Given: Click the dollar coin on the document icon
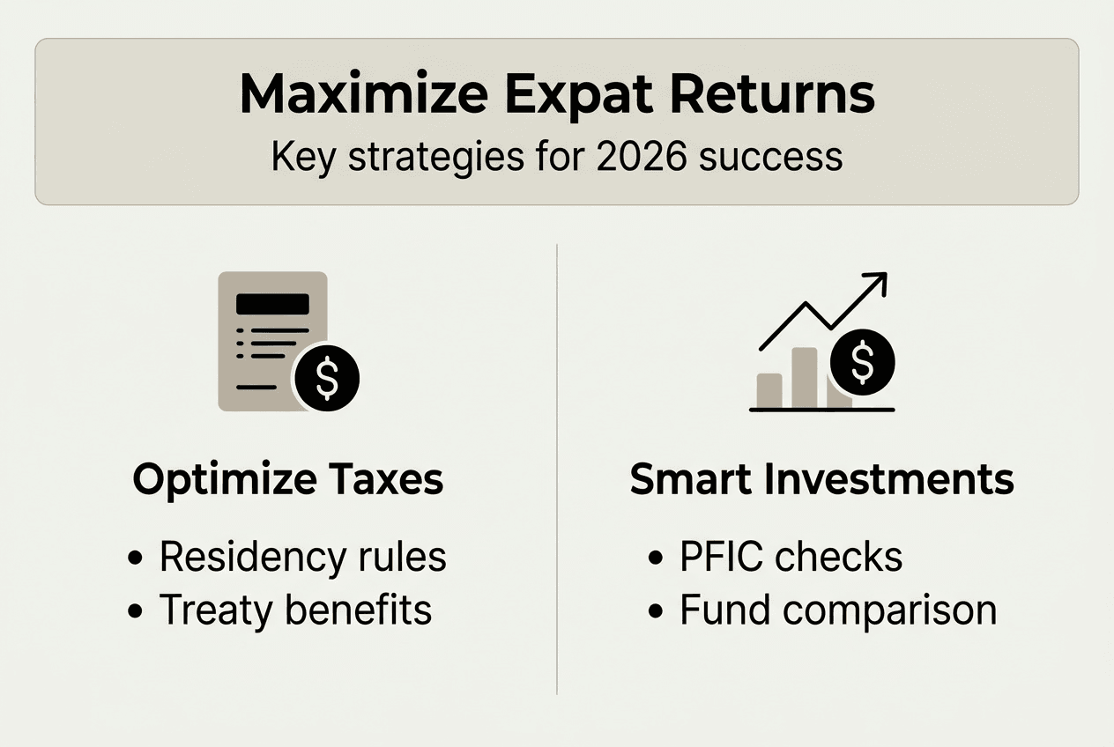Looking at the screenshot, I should coord(326,377).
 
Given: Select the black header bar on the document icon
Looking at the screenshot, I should coord(272,304).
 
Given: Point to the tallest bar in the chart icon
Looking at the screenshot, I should coord(804,378).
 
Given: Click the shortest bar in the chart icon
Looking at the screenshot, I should coord(769,390).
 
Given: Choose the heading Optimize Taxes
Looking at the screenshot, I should coord(287,479).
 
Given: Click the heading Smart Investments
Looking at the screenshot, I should coord(821,479).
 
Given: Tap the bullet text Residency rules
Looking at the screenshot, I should coord(302,558).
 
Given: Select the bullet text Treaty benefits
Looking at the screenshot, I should coord(295,610).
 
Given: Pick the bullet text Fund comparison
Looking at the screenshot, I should coord(837,610).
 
